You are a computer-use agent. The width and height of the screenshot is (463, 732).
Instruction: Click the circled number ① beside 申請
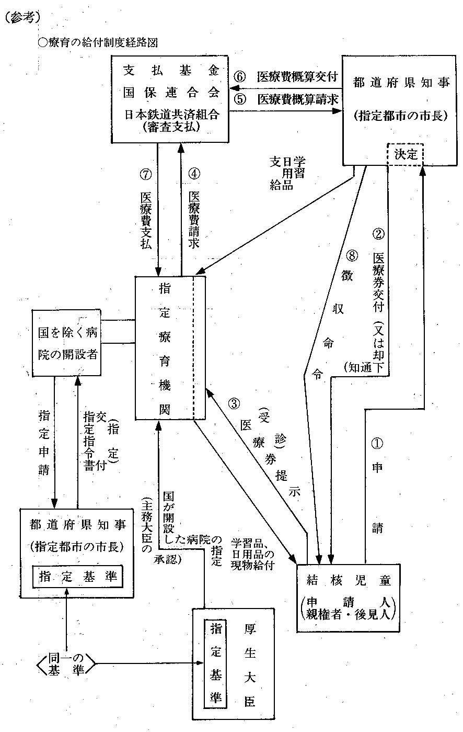pyautogui.click(x=377, y=444)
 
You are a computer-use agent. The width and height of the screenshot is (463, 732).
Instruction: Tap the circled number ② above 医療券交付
pyautogui.click(x=379, y=233)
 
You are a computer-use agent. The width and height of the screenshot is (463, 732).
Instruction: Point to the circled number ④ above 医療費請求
pyautogui.click(x=194, y=173)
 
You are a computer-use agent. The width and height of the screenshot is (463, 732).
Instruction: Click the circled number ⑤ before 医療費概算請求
pyautogui.click(x=240, y=99)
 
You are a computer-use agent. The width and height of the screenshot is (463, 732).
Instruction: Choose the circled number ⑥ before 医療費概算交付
pyautogui.click(x=240, y=76)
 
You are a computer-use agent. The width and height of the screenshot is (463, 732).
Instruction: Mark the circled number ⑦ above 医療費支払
pyautogui.click(x=146, y=173)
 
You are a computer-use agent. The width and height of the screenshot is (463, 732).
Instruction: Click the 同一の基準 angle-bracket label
pyautogui.click(x=67, y=665)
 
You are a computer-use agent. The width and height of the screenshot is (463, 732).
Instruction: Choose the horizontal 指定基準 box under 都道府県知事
pyautogui.click(x=77, y=577)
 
